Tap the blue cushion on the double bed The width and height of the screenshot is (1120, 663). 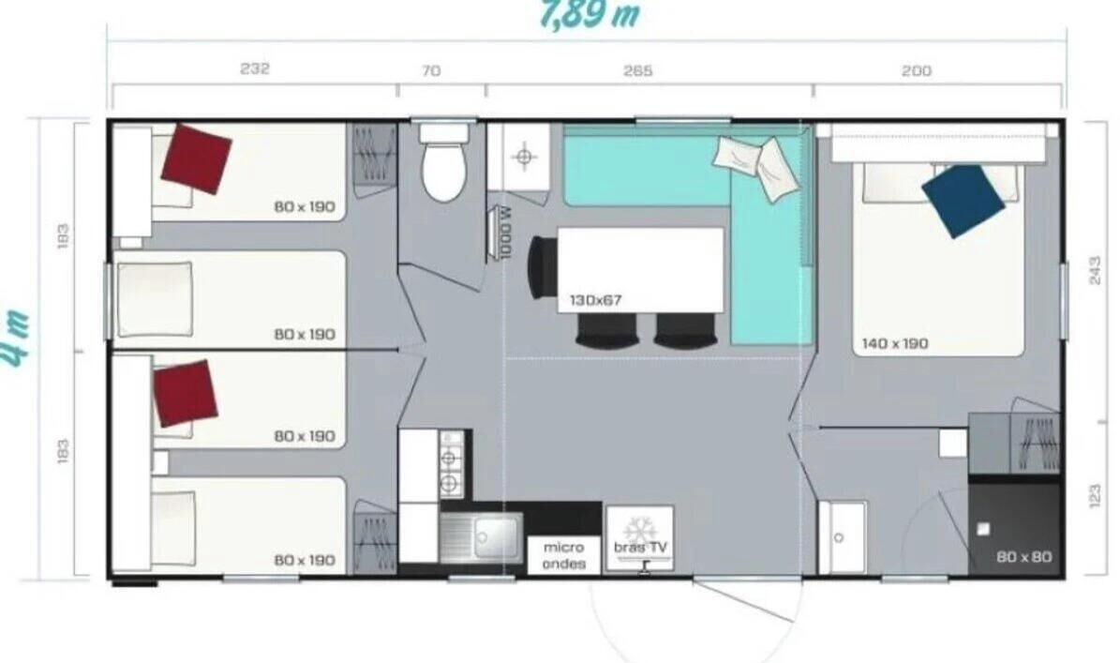[963, 201]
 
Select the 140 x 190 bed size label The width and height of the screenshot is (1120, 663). [895, 343]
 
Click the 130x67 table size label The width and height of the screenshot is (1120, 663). [595, 300]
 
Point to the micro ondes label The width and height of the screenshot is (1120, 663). [563, 555]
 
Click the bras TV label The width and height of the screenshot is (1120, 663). [640, 548]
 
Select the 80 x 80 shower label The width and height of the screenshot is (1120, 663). [1023, 556]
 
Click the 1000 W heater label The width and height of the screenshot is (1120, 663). [506, 233]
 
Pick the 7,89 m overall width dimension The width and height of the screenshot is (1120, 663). [590, 14]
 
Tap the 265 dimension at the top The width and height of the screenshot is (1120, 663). [637, 70]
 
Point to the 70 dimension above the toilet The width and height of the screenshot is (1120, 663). [431, 70]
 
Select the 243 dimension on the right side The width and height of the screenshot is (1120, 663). [1095, 270]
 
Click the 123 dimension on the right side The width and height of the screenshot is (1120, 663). [1095, 495]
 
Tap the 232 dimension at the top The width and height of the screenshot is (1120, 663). [255, 68]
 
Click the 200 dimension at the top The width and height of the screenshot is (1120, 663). [917, 70]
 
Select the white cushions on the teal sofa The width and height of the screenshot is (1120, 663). [758, 165]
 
